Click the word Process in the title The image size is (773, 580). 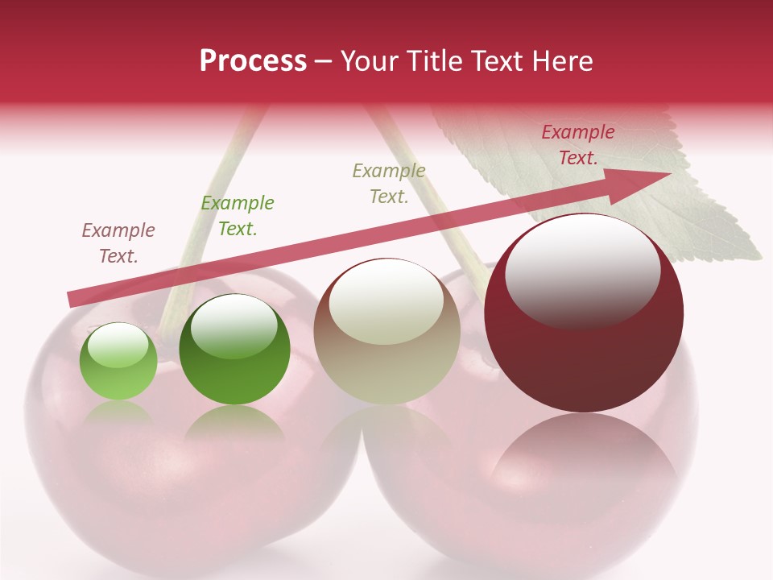253,61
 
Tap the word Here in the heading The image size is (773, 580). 563,61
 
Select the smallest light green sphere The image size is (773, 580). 118,362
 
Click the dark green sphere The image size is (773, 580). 234,350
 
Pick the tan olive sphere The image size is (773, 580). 386,331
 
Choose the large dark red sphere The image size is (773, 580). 584,313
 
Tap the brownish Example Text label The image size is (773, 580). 118,243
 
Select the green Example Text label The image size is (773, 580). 238,216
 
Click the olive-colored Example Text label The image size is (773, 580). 389,184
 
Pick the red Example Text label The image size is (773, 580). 577,145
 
